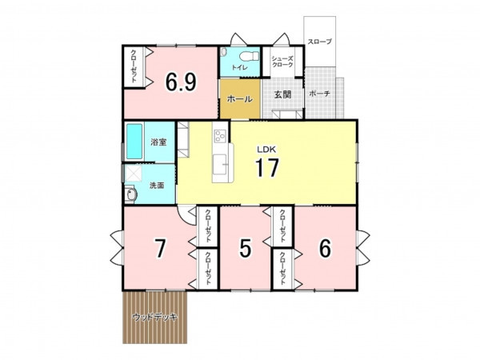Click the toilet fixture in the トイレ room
click(249, 56)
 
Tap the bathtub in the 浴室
click(134, 141)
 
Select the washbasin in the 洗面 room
click(130, 194)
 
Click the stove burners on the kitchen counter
click(221, 135)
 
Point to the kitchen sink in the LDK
click(220, 164)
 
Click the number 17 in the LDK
click(267, 167)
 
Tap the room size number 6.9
click(181, 82)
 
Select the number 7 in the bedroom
click(161, 249)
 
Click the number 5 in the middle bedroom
click(246, 248)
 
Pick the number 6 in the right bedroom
click(325, 248)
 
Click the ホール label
click(240, 99)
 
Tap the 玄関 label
click(282, 94)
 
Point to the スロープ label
click(319, 42)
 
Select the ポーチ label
click(319, 94)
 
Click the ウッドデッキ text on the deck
click(155, 317)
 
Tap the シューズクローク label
click(282, 62)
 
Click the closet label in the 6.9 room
click(134, 66)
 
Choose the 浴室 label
click(158, 142)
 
